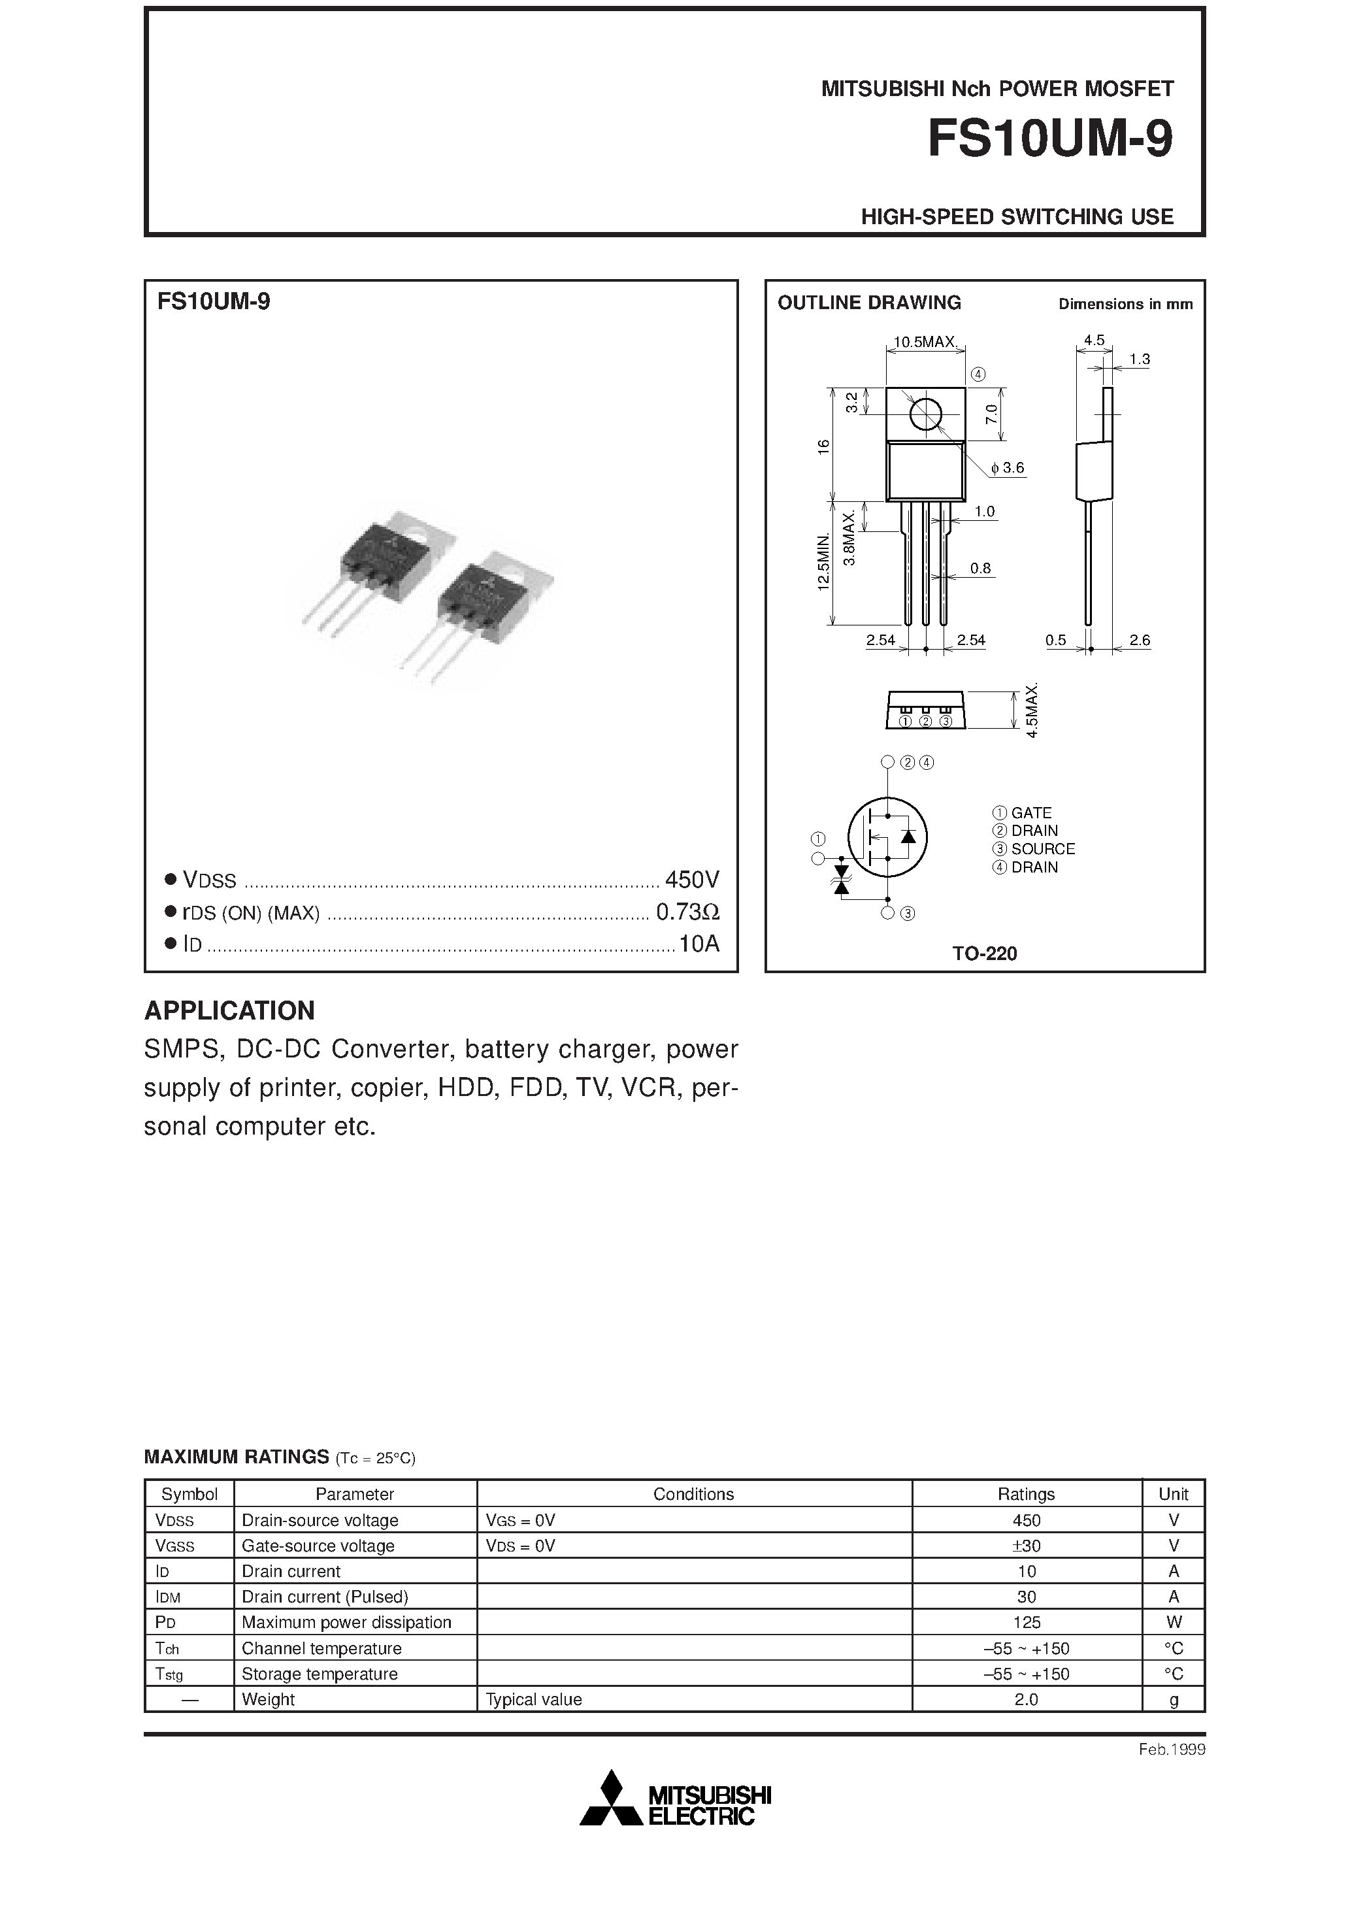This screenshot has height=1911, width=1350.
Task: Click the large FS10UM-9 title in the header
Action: [x=1049, y=140]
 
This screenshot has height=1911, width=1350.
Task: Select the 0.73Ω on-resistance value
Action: [x=687, y=912]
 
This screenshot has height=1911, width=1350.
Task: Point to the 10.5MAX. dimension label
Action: [x=925, y=342]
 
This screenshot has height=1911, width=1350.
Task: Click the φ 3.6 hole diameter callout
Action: [x=1008, y=469]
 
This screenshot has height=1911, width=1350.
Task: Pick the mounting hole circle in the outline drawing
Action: [x=925, y=414]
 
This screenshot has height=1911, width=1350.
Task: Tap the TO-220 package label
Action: [x=985, y=954]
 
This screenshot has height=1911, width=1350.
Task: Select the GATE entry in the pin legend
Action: [x=1030, y=813]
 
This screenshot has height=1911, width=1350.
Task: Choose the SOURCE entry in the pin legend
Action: [x=1042, y=849]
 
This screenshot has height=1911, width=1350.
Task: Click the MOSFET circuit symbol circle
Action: [x=887, y=837]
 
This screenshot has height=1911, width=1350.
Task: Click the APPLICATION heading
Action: [x=230, y=1010]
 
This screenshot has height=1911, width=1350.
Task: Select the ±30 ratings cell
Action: [x=1027, y=1546]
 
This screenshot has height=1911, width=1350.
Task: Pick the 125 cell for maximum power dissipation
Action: [x=1027, y=1622]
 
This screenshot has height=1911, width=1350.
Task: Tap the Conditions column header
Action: [x=693, y=1494]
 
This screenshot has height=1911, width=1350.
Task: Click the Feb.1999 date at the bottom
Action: [x=1171, y=1750]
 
